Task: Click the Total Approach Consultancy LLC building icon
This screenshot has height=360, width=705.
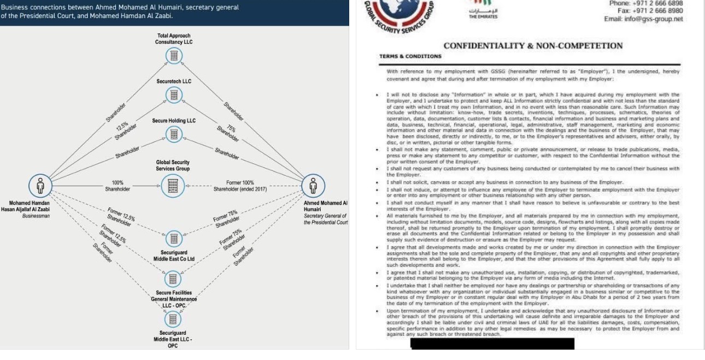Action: point(174,56)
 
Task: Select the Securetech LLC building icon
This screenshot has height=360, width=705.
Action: point(174,95)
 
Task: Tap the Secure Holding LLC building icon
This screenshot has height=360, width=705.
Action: point(174,133)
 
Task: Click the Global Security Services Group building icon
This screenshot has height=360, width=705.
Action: point(174,185)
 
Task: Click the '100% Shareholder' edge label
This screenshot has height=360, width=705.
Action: point(118,186)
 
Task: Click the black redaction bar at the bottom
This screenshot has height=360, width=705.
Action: point(492,344)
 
